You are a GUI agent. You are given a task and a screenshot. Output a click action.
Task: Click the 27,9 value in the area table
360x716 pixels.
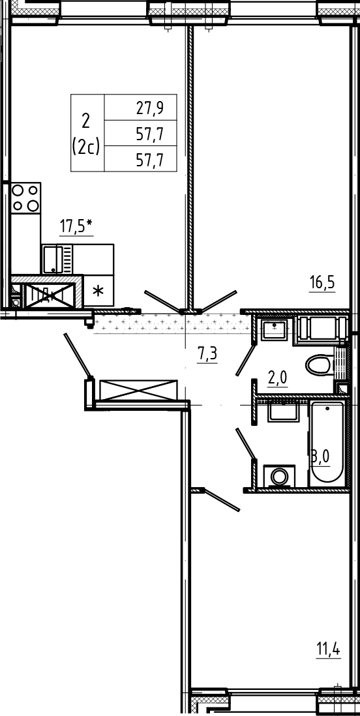click(x=150, y=108)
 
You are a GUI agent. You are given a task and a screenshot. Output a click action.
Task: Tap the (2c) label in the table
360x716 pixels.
click(x=86, y=147)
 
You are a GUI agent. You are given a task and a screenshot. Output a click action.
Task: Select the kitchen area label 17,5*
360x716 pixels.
click(x=76, y=226)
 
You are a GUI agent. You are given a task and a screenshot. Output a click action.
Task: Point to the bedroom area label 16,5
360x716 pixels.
click(x=322, y=282)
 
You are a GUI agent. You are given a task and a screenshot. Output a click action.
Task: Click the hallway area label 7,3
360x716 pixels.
click(x=207, y=354)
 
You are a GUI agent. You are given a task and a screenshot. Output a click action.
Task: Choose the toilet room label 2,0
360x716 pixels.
click(x=277, y=378)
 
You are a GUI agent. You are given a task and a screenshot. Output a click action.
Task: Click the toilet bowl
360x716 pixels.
click(x=320, y=365)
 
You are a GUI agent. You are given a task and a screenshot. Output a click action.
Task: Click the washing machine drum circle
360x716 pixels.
click(x=279, y=477)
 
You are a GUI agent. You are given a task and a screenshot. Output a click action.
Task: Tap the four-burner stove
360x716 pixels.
click(x=25, y=198)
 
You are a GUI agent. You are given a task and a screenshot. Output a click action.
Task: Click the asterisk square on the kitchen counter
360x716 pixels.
click(x=98, y=291)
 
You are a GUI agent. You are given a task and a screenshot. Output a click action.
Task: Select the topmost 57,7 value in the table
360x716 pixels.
click(x=150, y=134)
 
